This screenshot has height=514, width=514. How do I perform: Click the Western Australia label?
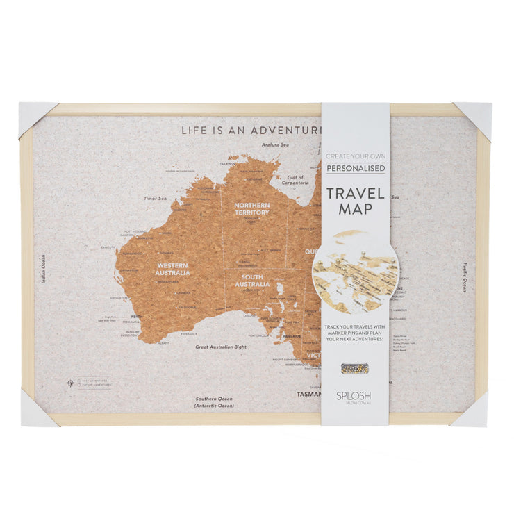173,269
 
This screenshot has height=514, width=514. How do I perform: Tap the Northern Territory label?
251,208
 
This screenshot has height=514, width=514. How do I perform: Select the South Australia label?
252,281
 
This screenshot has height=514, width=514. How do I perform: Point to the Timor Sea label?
155,198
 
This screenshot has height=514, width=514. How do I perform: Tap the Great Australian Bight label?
220,346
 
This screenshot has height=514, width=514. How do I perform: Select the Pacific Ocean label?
465,276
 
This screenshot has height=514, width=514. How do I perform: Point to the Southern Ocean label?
214,402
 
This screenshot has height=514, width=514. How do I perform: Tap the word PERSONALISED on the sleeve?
355,168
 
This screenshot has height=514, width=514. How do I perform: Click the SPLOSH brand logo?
354,395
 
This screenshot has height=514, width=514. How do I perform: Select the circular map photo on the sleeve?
355,272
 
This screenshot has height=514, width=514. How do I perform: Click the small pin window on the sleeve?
354,368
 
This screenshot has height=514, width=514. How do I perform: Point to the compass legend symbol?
69,383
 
